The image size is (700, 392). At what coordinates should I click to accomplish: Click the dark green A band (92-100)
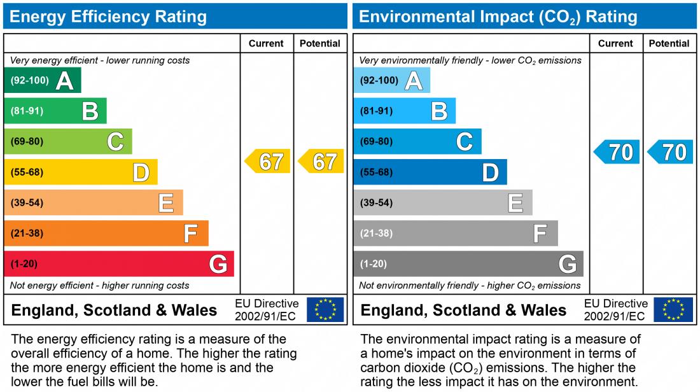[42, 80]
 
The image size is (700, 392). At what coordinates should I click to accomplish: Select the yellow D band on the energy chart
[80, 172]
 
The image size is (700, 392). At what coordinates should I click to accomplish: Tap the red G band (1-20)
[118, 263]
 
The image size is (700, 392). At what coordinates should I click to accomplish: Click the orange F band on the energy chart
[106, 233]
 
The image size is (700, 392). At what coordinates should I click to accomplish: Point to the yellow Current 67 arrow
[268, 162]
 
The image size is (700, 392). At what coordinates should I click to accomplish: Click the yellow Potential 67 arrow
[321, 162]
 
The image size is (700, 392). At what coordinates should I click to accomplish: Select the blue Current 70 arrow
[617, 152]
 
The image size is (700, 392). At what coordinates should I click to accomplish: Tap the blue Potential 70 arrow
[671, 152]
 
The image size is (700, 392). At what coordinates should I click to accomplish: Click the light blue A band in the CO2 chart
[391, 80]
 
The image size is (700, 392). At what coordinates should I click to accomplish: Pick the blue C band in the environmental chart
[417, 141]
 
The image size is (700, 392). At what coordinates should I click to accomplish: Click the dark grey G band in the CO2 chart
[468, 263]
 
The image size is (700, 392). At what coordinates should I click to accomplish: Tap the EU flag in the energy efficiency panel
[325, 310]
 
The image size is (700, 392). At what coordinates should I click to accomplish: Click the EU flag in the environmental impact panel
[674, 310]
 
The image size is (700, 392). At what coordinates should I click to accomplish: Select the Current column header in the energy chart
[266, 43]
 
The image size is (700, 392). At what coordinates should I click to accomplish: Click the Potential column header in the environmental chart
[669, 43]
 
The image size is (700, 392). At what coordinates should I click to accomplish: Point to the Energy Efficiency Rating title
[108, 17]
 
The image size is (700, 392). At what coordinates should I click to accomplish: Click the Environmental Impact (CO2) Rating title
[498, 17]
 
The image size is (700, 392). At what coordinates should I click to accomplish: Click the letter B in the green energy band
[90, 111]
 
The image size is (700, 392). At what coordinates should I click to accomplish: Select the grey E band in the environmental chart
[442, 202]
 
